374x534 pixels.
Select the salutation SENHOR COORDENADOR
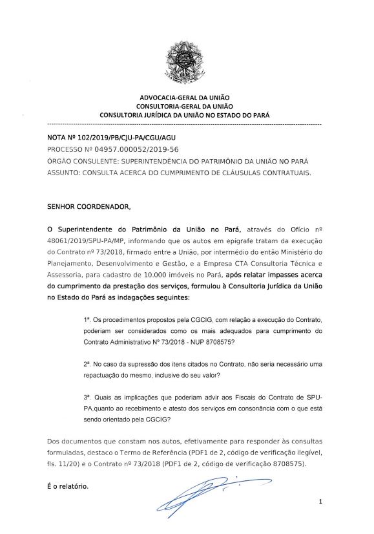[x=88, y=207]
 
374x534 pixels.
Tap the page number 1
[x=319, y=502]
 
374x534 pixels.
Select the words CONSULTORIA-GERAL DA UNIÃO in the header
[x=185, y=105]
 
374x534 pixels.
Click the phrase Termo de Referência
[x=174, y=453]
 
